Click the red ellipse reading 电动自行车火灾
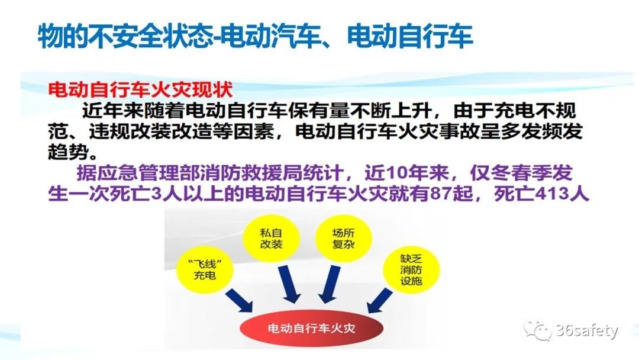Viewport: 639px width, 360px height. pyautogui.click(x=311, y=327)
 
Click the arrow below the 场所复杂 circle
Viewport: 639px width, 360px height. pyautogui.click(x=328, y=284)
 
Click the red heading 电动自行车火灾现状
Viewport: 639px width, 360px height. pyautogui.click(x=140, y=91)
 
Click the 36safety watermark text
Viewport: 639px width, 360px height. pyautogui.click(x=586, y=330)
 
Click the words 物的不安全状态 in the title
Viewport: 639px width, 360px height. pyautogui.click(x=125, y=37)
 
